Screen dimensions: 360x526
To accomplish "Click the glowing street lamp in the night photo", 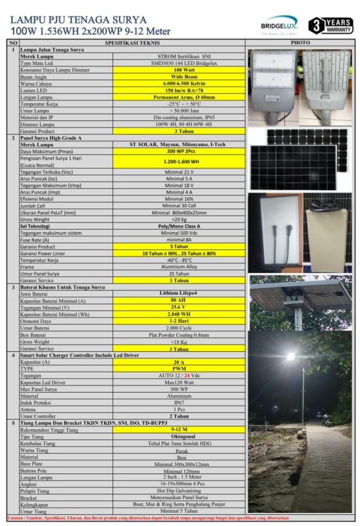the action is click(290, 356).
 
